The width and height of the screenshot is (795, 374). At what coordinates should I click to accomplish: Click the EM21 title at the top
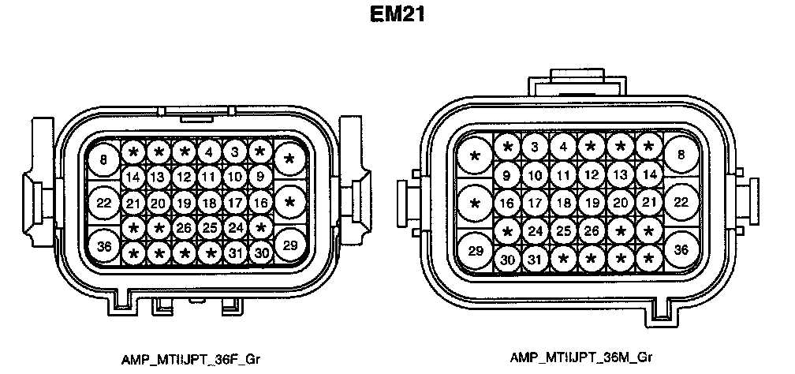[397, 14]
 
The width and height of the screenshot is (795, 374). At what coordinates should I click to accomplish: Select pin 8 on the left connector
[104, 160]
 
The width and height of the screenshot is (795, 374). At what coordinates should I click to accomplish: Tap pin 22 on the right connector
[681, 202]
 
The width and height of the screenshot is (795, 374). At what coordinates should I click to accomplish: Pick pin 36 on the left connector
[104, 247]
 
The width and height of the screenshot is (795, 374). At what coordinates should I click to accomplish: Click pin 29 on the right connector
[475, 251]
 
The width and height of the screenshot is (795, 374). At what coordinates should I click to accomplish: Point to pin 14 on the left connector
[133, 177]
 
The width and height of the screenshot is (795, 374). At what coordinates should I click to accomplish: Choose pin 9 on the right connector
[506, 176]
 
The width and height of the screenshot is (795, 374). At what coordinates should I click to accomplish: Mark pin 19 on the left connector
[184, 203]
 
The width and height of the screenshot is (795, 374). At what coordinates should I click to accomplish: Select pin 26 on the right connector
[592, 231]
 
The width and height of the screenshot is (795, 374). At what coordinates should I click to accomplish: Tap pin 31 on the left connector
[235, 252]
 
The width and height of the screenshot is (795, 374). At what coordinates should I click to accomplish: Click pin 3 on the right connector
[535, 148]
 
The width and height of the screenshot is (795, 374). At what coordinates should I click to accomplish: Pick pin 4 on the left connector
[210, 151]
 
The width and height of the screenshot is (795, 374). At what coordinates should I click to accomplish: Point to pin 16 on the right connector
[506, 204]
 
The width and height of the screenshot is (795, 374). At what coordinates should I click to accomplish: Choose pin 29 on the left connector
[290, 245]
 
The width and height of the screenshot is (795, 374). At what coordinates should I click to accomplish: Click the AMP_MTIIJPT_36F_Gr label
[190, 360]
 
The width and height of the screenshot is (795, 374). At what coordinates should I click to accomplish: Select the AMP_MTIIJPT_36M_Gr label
[581, 357]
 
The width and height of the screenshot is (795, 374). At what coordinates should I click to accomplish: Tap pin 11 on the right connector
[563, 176]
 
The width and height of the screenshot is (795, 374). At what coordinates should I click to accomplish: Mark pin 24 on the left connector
[235, 228]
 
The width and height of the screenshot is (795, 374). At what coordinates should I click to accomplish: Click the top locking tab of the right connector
[577, 81]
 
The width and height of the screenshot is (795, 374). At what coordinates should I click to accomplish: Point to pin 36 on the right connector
[681, 249]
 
